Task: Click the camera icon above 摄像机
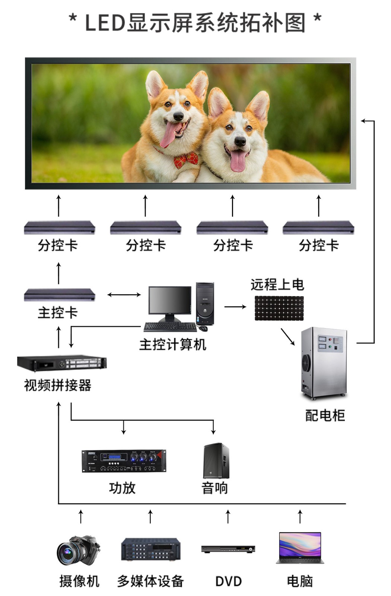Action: pos(78,551)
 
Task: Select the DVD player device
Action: pos(228,549)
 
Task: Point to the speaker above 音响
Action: pos(216,461)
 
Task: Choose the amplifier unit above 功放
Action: pos(124,461)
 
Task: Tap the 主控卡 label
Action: pos(58,313)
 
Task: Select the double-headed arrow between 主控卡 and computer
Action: pos(124,295)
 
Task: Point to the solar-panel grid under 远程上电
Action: pos(279,308)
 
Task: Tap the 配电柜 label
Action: pos(325,415)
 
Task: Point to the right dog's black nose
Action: pos(240,142)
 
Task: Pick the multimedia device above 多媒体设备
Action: pos(151,549)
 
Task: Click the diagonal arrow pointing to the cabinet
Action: pos(287,337)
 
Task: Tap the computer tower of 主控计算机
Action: pos(205,304)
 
